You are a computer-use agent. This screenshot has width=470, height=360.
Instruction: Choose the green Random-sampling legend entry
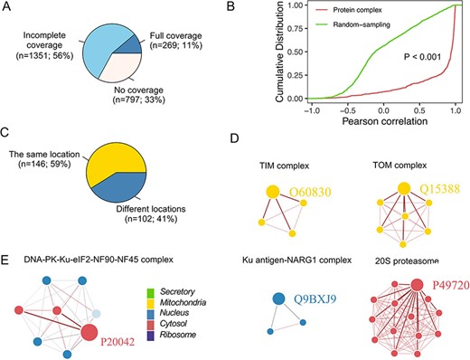(386, 24)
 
